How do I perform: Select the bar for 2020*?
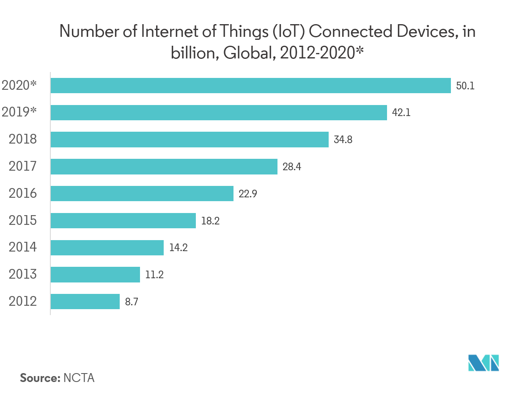250,86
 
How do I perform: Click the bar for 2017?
164,167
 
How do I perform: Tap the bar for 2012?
85,302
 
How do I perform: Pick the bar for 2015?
123,221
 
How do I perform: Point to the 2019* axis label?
19,113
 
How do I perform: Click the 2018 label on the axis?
23,140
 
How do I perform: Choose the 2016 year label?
23,194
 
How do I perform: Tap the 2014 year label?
23,248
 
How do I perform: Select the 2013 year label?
23,275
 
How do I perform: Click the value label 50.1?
466,86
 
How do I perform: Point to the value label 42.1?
401,113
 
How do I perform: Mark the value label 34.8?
343,140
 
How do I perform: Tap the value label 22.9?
248,194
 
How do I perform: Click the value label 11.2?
154,275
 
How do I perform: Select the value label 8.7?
132,302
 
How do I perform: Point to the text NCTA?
79,378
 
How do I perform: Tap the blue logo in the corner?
483,363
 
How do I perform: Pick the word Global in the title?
246,54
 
